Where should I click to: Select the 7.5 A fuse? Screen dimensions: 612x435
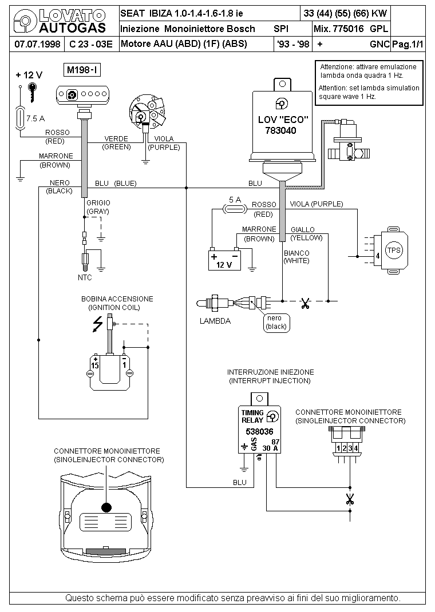click(21, 118)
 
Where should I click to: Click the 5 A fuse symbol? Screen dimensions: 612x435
click(234, 210)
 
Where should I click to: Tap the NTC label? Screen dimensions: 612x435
click(85, 277)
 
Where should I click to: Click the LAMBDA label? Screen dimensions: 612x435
click(215, 321)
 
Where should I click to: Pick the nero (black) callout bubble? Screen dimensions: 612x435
click(275, 323)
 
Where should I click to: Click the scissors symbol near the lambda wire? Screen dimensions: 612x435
click(305, 302)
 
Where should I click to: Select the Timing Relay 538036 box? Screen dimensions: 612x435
click(259, 428)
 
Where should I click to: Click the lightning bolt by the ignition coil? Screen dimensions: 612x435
click(98, 324)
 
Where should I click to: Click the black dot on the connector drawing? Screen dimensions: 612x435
click(106, 507)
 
